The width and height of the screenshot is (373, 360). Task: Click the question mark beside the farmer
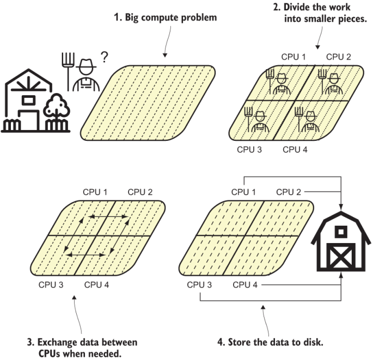click(x=104, y=57)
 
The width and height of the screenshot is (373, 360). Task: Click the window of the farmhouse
click(x=28, y=100)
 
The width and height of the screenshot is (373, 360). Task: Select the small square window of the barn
click(x=341, y=232)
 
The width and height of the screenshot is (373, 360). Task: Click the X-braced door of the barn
click(x=341, y=257)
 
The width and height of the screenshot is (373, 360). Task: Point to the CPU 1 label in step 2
click(x=293, y=57)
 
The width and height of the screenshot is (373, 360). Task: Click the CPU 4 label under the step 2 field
click(x=295, y=150)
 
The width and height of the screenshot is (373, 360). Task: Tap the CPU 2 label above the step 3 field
click(x=140, y=192)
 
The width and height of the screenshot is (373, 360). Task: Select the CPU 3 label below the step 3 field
click(x=51, y=284)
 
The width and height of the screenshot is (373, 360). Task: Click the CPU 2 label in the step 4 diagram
click(x=288, y=192)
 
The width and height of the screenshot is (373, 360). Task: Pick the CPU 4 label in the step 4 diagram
click(x=245, y=284)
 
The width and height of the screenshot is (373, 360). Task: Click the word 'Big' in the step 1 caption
click(x=132, y=18)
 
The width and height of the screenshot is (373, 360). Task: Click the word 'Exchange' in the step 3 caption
click(x=57, y=343)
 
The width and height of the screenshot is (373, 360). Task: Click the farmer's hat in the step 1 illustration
click(x=86, y=64)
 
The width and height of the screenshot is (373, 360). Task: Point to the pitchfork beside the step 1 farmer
click(x=68, y=72)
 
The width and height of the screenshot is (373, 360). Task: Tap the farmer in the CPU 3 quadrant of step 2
click(x=260, y=122)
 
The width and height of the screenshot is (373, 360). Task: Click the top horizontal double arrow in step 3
click(x=108, y=216)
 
